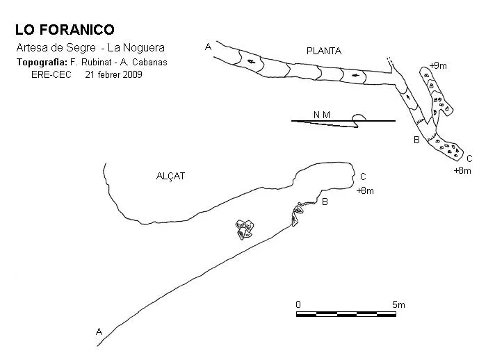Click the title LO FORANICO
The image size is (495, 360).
click(65, 30)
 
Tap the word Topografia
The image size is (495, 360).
click(42, 62)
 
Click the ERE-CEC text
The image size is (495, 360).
click(51, 75)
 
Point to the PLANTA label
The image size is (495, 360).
click(324, 51)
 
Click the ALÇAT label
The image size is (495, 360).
click(170, 176)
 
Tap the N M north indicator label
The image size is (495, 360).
click(322, 115)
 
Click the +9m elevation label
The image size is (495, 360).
click(438, 65)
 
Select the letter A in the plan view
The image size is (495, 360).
click(208, 47)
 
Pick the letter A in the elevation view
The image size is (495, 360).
click(99, 332)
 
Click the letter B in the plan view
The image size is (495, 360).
click(416, 140)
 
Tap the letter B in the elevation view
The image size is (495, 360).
click(325, 202)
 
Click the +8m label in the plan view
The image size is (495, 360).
click(462, 171)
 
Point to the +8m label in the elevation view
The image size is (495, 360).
click(365, 190)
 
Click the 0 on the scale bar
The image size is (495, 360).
click(298, 304)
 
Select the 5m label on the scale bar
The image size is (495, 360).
click(398, 304)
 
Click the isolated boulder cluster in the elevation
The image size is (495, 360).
click(245, 230)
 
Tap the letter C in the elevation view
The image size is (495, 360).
click(363, 177)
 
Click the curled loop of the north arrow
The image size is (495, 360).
click(359, 118)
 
